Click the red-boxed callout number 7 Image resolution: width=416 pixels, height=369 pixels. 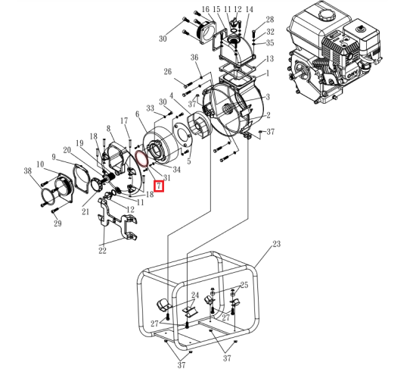tap(159, 186)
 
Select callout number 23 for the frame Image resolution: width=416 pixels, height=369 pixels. tap(277, 244)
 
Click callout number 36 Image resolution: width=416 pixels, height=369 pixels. tap(194, 58)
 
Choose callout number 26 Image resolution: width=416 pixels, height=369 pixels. tap(168, 72)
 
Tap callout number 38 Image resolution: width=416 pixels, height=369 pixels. tap(28, 171)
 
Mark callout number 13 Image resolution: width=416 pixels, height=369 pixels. tap(269, 58)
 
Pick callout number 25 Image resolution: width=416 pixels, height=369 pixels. tap(244, 286)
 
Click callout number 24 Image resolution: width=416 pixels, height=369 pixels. tap(194, 296)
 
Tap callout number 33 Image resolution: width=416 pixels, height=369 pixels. tap(150, 108)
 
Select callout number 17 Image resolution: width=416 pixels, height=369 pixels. tap(125, 121)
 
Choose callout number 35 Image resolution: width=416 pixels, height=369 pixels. tap(270, 43)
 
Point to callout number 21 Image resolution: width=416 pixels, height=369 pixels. tap(85, 212)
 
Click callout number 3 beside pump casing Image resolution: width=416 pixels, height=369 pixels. tap(269, 97)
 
